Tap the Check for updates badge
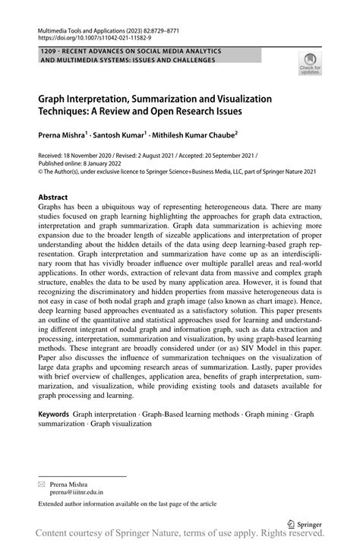pyautogui.click(x=310, y=65)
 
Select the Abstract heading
pyautogui.click(x=53, y=197)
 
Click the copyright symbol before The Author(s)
pyautogui.click(x=41, y=171)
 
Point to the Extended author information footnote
pyautogui.click(x=128, y=503)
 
